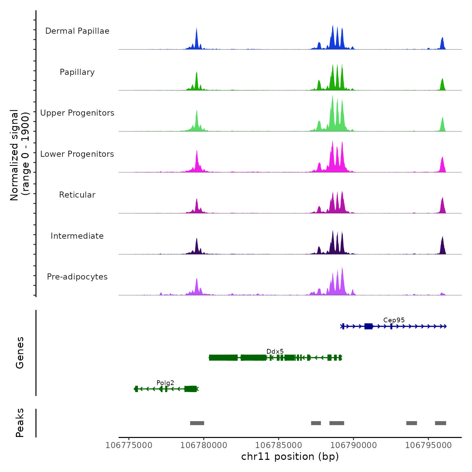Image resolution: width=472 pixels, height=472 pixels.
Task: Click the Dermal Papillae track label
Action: [77, 31]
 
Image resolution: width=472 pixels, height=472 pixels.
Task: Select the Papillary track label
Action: [77, 72]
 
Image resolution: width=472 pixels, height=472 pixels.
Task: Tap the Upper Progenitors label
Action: [77, 113]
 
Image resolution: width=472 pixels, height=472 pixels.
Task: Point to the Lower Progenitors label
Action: [77, 154]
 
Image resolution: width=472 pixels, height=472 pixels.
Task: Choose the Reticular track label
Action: [77, 195]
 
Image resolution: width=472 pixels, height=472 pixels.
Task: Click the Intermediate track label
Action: [77, 236]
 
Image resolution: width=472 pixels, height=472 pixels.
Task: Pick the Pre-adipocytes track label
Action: [77, 277]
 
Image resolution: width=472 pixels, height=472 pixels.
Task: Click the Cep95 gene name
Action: [394, 320]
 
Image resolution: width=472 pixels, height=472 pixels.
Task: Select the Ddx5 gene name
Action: [275, 352]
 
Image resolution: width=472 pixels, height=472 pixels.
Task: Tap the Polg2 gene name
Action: [165, 383]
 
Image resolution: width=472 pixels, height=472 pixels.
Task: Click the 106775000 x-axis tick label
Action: [129, 445]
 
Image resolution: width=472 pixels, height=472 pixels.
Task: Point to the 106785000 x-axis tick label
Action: [279, 445]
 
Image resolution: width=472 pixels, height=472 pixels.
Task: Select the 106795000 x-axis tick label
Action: [429, 445]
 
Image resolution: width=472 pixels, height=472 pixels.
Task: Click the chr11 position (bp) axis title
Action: [290, 456]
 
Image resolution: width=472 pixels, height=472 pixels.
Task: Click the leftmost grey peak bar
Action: [197, 423]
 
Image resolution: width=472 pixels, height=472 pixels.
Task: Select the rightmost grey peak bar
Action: [440, 423]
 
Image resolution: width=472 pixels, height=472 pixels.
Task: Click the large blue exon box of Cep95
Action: [368, 326]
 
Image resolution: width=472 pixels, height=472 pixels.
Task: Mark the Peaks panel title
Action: [20, 423]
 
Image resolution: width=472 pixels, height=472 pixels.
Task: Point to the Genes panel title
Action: [20, 353]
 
